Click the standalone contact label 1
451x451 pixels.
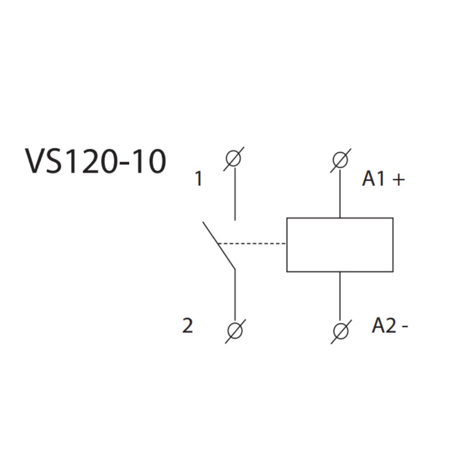[x=198, y=179]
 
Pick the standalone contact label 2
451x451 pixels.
[x=188, y=326]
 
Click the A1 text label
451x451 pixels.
[x=374, y=179]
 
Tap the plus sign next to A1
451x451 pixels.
[x=399, y=180]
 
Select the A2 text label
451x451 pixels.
[x=384, y=326]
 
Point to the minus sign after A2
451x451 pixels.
[x=405, y=327]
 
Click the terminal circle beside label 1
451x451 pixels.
[x=234, y=159]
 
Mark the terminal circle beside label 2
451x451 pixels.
[x=235, y=331]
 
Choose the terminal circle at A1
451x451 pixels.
[x=340, y=160]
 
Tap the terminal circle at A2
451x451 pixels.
[x=341, y=332]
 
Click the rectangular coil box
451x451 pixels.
[x=340, y=245]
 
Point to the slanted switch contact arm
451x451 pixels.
[x=219, y=246]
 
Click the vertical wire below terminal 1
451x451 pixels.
[x=235, y=194]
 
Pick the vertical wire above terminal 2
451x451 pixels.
[x=235, y=295]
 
